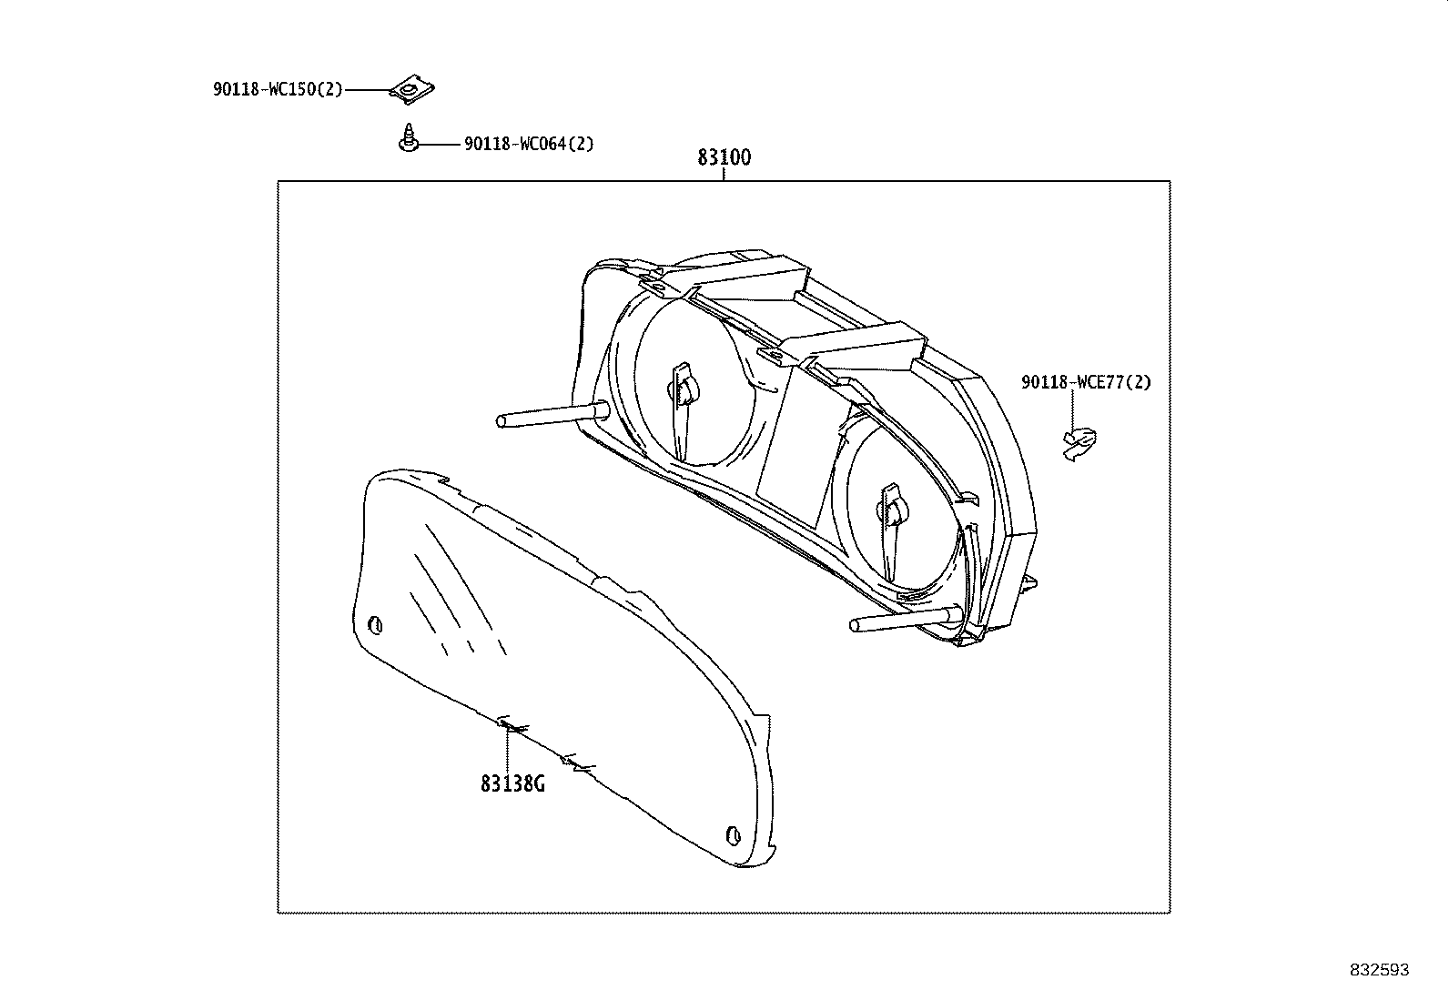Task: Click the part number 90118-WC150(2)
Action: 278,89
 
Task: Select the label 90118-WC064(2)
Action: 529,144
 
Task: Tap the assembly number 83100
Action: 724,157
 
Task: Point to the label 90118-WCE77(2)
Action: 1086,382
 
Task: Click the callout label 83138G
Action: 512,784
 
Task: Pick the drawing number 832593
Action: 1379,970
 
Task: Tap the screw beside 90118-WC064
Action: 408,137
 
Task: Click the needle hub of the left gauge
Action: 685,389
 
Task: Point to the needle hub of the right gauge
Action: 895,511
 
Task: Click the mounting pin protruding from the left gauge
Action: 552,415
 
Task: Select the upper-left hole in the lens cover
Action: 375,625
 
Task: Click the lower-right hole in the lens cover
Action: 733,835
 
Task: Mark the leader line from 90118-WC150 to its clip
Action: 367,90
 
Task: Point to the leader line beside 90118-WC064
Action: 440,145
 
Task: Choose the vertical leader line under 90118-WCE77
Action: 1072,411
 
